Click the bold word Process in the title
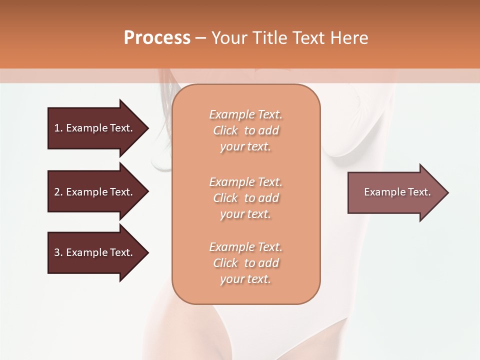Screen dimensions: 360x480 tap(157, 38)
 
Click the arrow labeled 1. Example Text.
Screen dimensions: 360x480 tap(95, 128)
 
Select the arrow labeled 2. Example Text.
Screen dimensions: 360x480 tap(95, 192)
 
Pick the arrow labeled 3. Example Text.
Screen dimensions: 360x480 tap(95, 252)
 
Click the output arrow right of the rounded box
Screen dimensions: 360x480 tap(395, 192)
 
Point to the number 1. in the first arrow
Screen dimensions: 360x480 tap(58, 128)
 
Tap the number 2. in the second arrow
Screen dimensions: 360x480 tap(58, 192)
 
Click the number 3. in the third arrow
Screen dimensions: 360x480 tap(58, 252)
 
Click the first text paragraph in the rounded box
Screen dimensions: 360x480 tap(246, 130)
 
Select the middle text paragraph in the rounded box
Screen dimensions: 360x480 tap(246, 198)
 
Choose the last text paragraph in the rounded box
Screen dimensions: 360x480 tap(246, 263)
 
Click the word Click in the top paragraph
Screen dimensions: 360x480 tap(225, 130)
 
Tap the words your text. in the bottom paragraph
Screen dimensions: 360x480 tap(245, 279)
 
